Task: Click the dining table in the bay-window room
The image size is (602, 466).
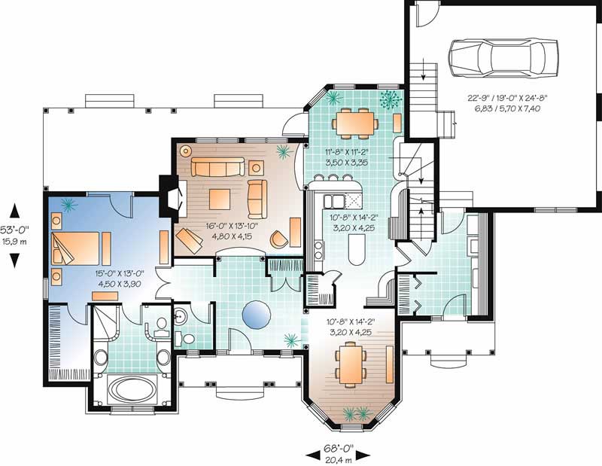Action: (351, 364)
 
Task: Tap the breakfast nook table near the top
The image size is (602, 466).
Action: (353, 121)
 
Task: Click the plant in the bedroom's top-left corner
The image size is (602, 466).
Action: (66, 204)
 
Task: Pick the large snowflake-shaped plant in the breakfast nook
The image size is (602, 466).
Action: (390, 99)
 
